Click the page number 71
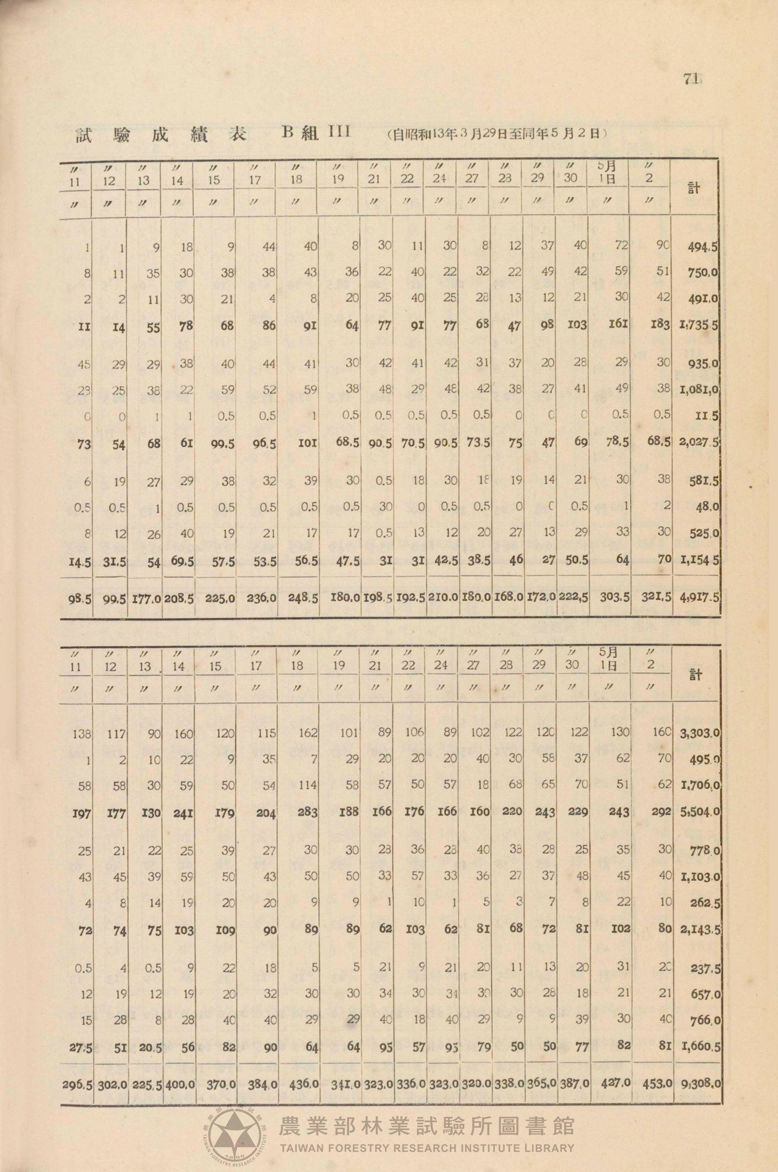pos(691,79)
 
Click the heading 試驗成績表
pos(161,135)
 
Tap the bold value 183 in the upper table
pos(660,325)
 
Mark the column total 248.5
pos(303,599)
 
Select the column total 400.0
pos(179,1082)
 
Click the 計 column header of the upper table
pos(694,188)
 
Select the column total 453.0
pos(657,1082)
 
